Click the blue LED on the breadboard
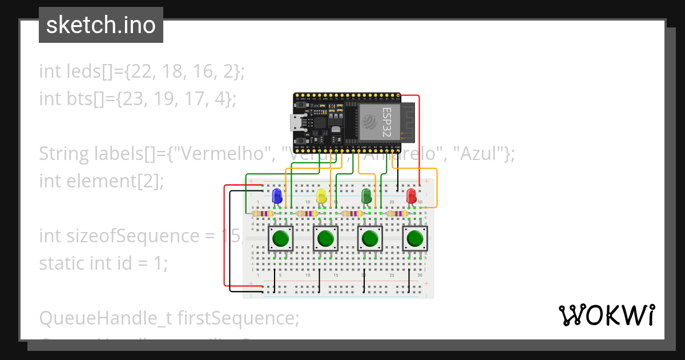click(277, 196)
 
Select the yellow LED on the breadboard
click(321, 196)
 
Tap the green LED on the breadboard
click(366, 196)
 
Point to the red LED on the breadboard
click(411, 196)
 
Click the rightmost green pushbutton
click(414, 238)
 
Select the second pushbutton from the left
click(325, 238)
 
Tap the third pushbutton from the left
click(370, 238)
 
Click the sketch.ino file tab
click(101, 25)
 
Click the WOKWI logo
click(606, 315)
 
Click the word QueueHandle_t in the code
click(106, 318)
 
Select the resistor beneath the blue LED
click(263, 214)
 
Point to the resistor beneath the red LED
click(397, 214)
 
